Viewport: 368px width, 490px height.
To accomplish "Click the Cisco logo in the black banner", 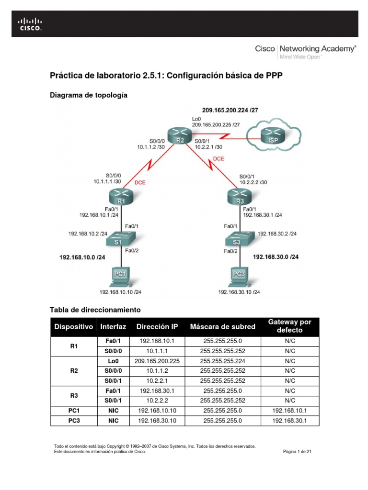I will point(30,24).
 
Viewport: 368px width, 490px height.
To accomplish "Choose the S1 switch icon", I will point(121,238).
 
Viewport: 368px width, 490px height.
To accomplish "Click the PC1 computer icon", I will point(121,276).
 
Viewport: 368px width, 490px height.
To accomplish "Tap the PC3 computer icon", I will point(238,276).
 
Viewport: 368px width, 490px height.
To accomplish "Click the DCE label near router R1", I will point(140,182).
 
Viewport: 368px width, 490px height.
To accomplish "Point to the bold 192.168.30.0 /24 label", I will point(276,257).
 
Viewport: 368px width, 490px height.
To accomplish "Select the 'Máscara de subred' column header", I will point(222,327).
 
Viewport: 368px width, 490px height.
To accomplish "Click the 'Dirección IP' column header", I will point(157,327).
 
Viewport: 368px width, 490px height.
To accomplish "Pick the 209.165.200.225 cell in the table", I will point(157,361).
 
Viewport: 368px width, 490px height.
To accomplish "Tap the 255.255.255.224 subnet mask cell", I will point(222,361).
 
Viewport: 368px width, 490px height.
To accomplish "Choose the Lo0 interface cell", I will point(113,361).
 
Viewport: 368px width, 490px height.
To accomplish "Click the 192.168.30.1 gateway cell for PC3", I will point(289,421).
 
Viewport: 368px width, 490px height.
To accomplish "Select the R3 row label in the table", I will point(74,395).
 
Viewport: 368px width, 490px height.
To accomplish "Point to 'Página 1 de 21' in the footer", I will point(298,451).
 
